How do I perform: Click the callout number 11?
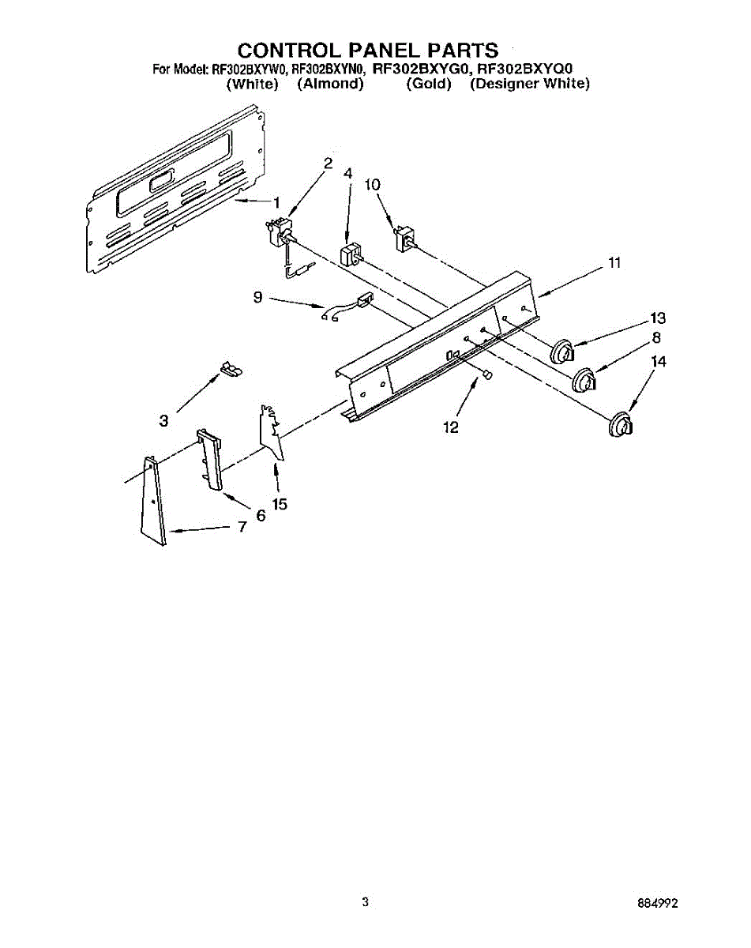coord(614,263)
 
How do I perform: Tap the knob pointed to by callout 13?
coord(561,351)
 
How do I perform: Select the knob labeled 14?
coord(621,424)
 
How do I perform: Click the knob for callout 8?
coord(585,382)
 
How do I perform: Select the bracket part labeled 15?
coord(270,431)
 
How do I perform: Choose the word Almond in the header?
coord(330,84)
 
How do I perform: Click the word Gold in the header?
coord(428,84)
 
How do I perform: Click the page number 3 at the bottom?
coord(365,901)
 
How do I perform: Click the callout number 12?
coord(451,427)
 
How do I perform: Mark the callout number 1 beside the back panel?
coord(276,202)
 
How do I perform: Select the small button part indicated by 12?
coord(487,374)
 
